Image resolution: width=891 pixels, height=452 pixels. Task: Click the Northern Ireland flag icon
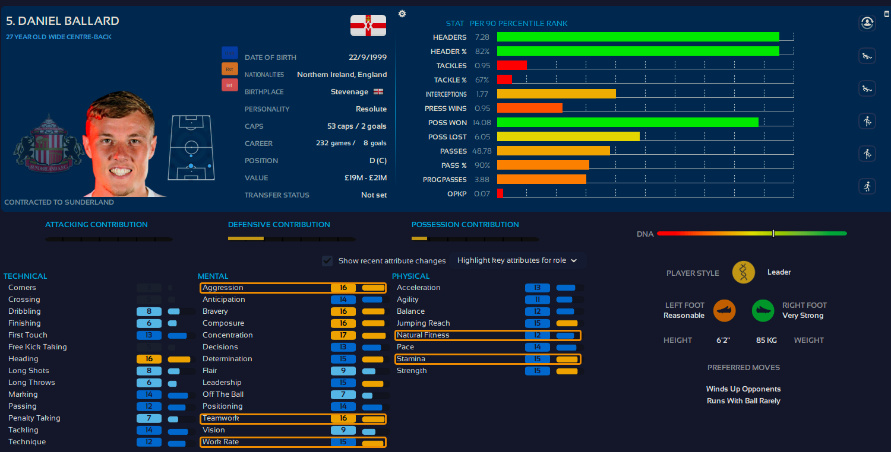click(x=368, y=26)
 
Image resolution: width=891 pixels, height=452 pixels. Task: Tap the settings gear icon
click(x=402, y=14)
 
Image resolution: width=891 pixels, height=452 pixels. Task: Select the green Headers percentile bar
click(x=638, y=37)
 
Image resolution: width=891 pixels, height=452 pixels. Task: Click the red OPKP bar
click(x=500, y=193)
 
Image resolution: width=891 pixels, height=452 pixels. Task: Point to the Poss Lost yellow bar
click(x=568, y=136)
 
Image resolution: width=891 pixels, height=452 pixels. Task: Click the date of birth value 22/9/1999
click(x=368, y=58)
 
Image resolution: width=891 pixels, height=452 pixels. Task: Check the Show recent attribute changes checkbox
click(x=327, y=260)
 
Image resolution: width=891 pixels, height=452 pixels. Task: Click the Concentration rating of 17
click(x=343, y=335)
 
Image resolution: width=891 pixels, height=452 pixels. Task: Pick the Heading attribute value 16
click(x=148, y=359)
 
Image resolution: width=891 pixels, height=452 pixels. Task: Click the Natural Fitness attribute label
click(x=423, y=335)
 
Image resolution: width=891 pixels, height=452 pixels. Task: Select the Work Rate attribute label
click(x=220, y=442)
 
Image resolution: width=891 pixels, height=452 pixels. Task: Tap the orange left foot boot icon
click(x=724, y=310)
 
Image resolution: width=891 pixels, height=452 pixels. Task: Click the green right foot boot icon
click(x=763, y=310)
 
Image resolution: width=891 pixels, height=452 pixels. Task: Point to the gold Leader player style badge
click(x=743, y=272)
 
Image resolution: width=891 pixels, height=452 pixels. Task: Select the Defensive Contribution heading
click(x=279, y=225)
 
